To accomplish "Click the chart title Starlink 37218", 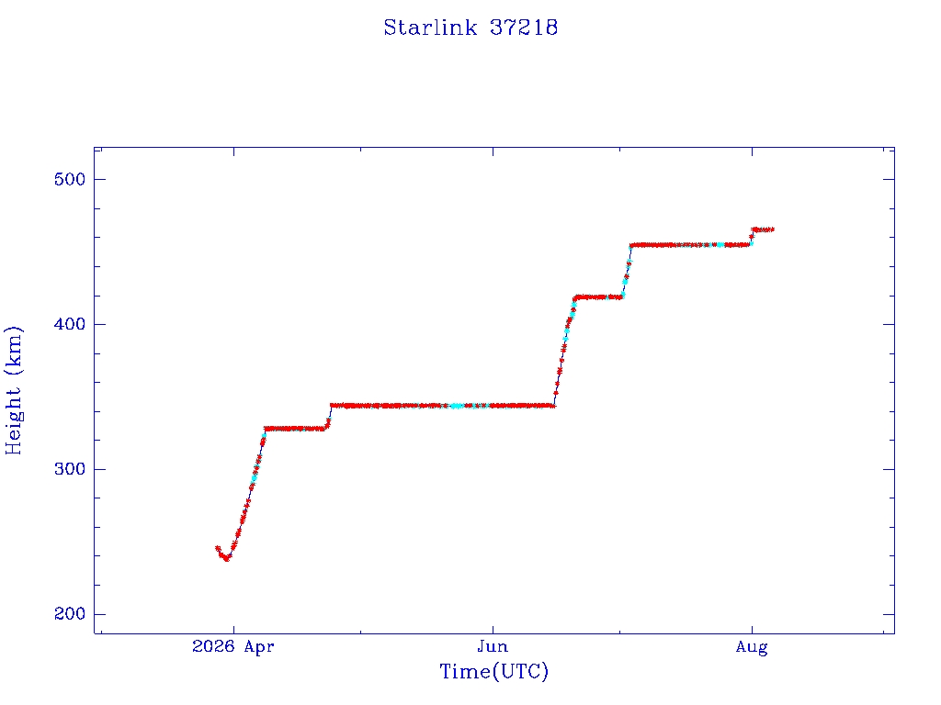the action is tap(470, 28).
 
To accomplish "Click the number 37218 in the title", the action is tap(524, 28).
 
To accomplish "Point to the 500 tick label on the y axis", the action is tap(70, 179).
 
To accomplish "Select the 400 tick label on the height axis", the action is tap(70, 324).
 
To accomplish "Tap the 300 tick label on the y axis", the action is tap(70, 469).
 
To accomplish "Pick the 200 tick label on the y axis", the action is tap(70, 614).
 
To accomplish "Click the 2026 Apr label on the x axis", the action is tap(232, 647).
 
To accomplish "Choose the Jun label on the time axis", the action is tap(493, 647).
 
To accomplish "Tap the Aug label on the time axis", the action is tap(752, 647).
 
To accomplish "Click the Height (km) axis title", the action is tap(13, 390).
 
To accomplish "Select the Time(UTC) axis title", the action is tap(493, 671).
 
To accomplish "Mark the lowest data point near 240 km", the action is tap(226, 559).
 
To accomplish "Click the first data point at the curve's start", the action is tap(218, 548).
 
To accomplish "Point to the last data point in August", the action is tap(771, 229).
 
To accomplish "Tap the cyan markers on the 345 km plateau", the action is tap(457, 407).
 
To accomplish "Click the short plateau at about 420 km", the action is tap(599, 297).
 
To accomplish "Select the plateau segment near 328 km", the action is tap(295, 429).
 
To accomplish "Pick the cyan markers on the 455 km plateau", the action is tap(720, 244).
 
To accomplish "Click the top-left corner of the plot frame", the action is tap(95, 148).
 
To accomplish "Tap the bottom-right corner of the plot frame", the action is tap(894, 633).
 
